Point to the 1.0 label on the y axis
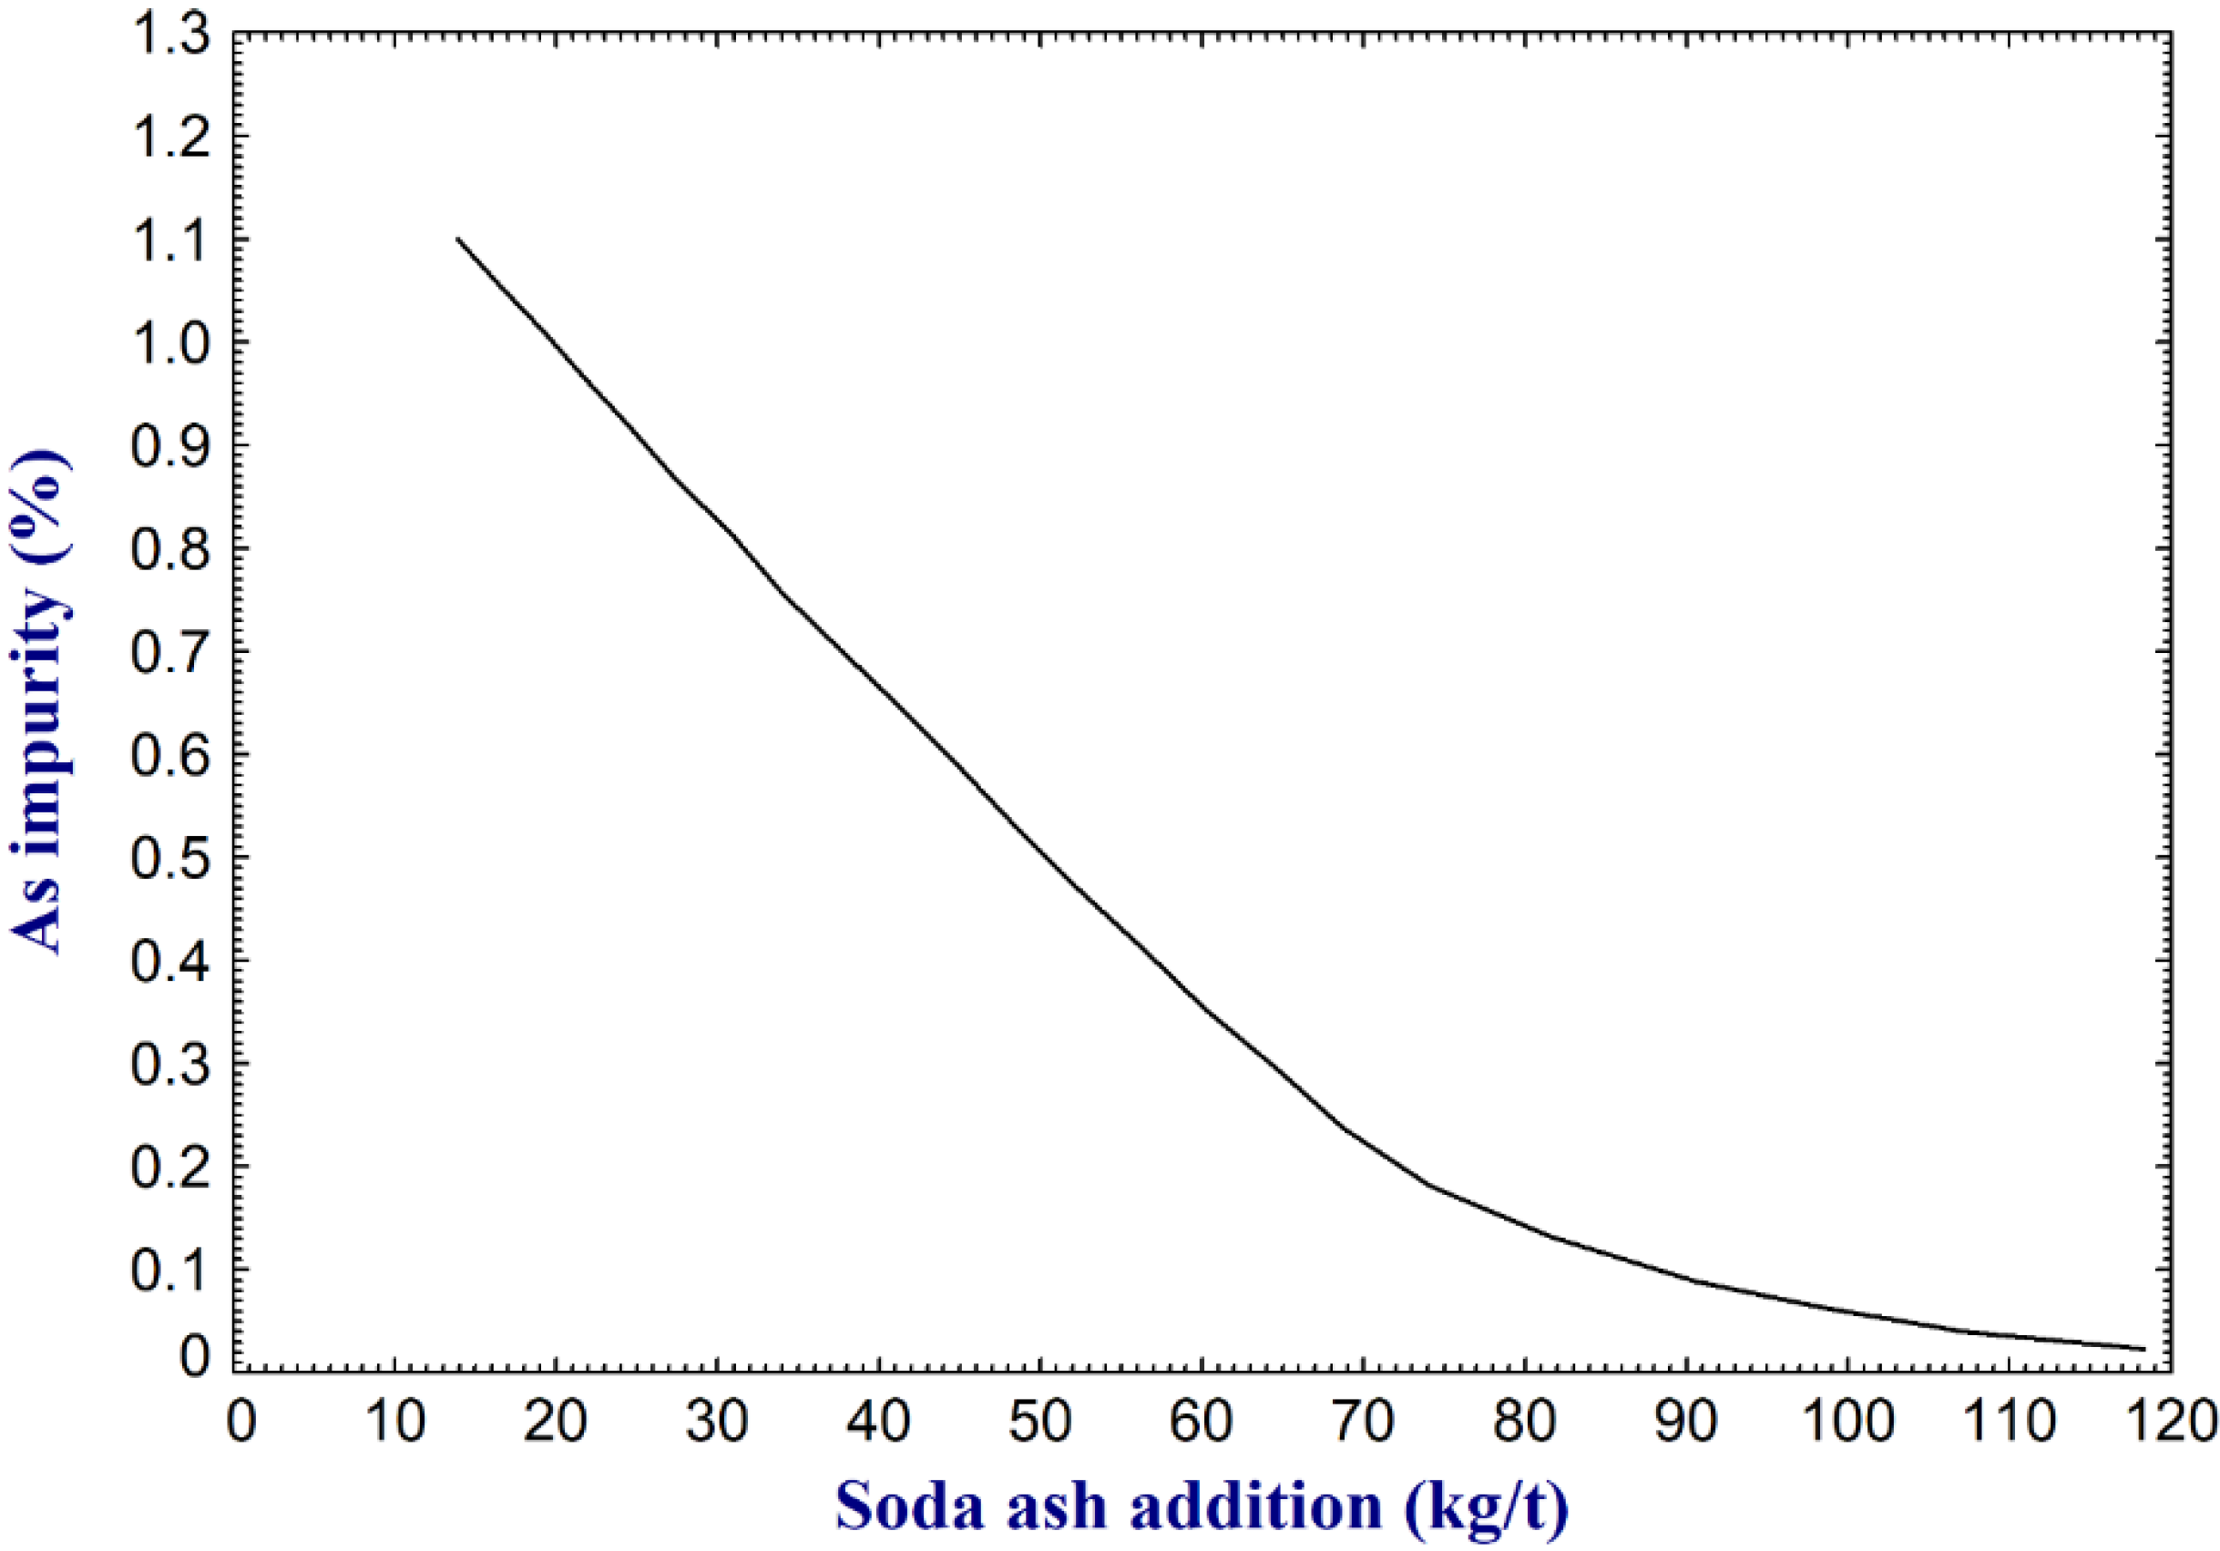click(169, 343)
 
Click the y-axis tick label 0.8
click(169, 549)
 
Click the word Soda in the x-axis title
click(907, 1506)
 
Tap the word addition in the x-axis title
click(1256, 1506)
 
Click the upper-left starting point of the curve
click(458, 238)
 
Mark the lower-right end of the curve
click(2144, 1349)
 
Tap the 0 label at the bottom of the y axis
click(193, 1358)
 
